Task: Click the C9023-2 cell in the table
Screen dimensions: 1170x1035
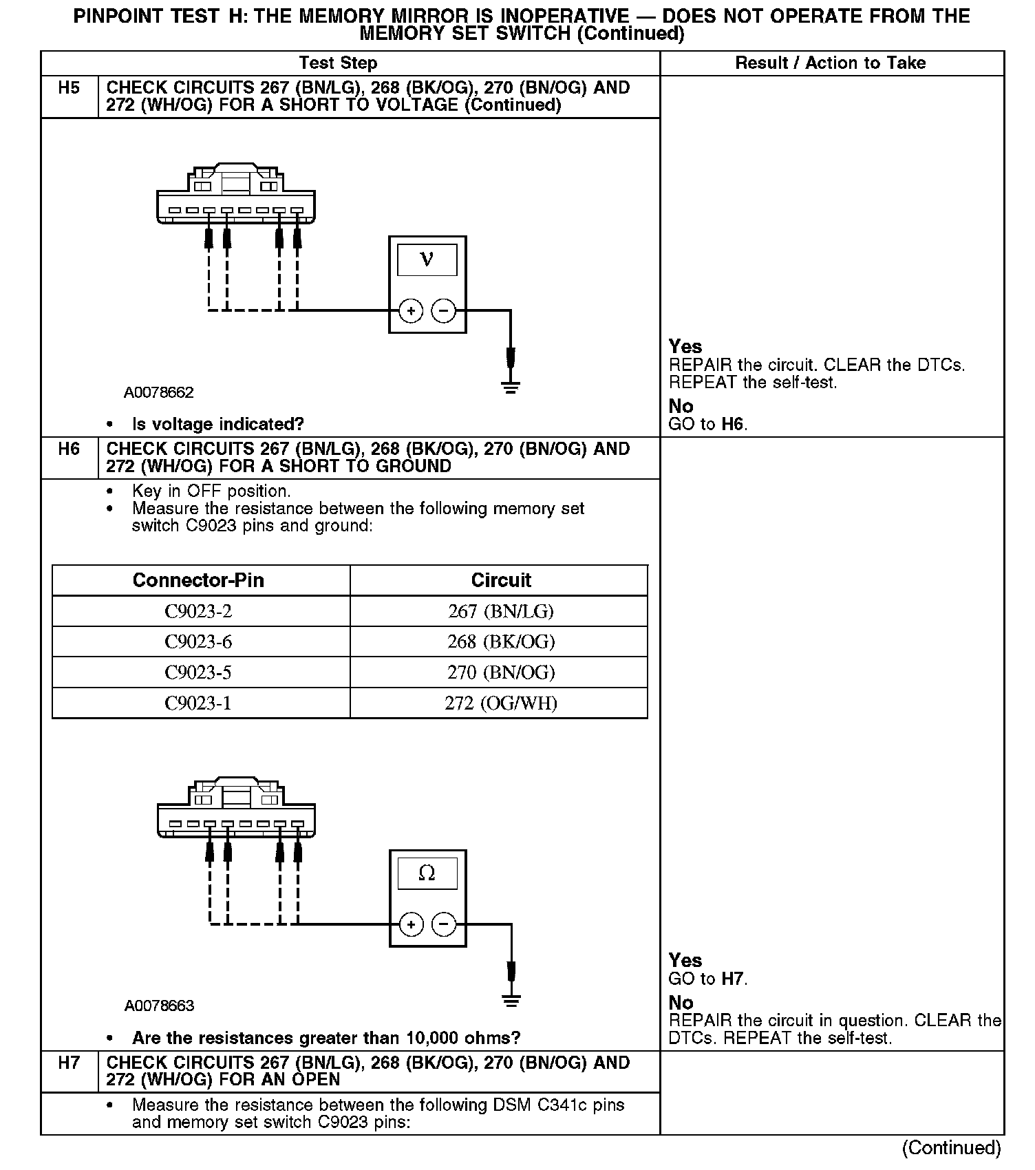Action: pyautogui.click(x=198, y=611)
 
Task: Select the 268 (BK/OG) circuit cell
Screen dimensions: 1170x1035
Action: pyautogui.click(x=500, y=641)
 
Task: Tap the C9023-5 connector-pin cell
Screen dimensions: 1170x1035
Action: pyautogui.click(x=198, y=672)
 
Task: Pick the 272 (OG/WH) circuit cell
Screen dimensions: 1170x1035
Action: pyautogui.click(x=500, y=703)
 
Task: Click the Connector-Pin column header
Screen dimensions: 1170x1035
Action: pyautogui.click(x=198, y=580)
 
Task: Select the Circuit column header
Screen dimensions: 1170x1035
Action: pyautogui.click(x=500, y=580)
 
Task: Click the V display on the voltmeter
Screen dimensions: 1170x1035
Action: pyautogui.click(x=427, y=259)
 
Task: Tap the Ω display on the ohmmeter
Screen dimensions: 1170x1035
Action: pyautogui.click(x=427, y=873)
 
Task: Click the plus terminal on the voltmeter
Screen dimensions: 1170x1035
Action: pyautogui.click(x=411, y=311)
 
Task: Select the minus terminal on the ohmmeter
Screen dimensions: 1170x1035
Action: pyautogui.click(x=444, y=924)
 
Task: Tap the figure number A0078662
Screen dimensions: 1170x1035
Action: pyautogui.click(x=159, y=392)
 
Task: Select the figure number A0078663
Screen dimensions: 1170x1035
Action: pyautogui.click(x=159, y=1006)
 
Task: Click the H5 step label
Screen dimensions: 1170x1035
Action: pyautogui.click(x=69, y=88)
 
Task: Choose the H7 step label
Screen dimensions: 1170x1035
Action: pyautogui.click(x=69, y=1063)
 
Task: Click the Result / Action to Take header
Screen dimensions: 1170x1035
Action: pyautogui.click(x=831, y=63)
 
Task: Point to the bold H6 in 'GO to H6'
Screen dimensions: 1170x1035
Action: pyautogui.click(x=734, y=424)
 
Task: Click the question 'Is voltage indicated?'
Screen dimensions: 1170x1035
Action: pyautogui.click(x=217, y=424)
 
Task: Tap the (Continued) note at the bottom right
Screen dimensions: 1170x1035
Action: pyautogui.click(x=952, y=1148)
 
